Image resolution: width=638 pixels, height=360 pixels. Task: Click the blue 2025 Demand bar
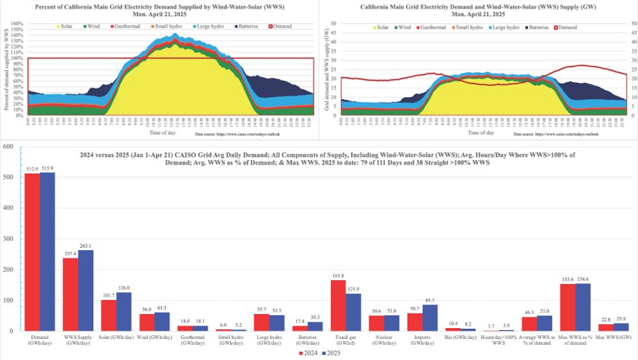point(48,251)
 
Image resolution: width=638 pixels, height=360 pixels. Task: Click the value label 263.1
point(86,246)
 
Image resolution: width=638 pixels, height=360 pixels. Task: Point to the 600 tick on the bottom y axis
point(8,147)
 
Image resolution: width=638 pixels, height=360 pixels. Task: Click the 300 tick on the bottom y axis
point(8,239)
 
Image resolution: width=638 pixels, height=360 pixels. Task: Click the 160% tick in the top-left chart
point(17,24)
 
